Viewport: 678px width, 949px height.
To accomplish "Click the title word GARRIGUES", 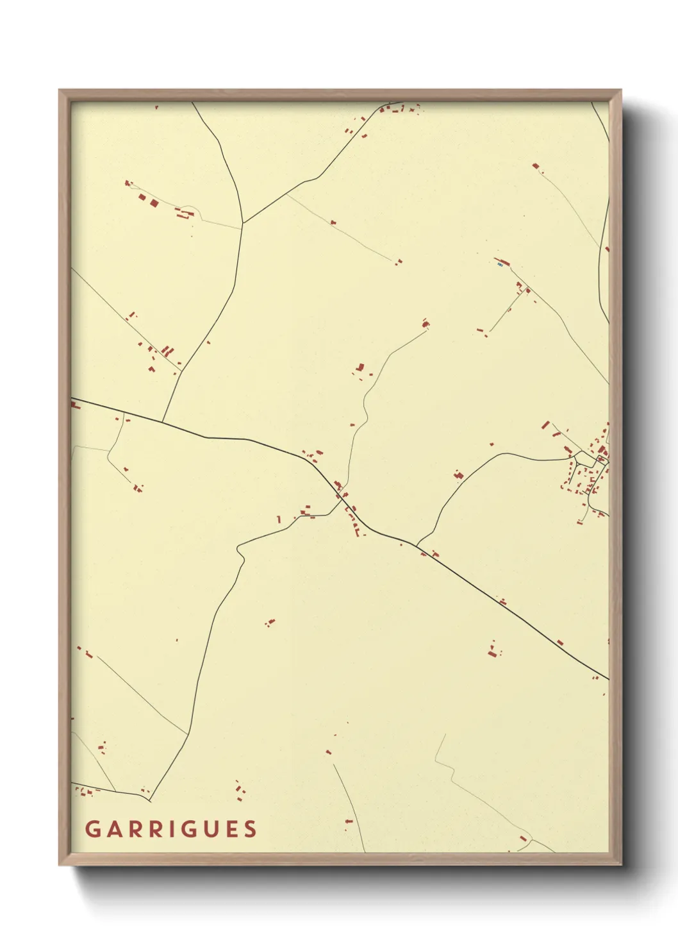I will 171,829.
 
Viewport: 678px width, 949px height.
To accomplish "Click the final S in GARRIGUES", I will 250,829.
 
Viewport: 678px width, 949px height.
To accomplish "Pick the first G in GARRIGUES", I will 92,829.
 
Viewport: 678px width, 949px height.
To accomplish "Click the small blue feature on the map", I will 499,264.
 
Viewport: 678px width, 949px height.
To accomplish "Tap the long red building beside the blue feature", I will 505,262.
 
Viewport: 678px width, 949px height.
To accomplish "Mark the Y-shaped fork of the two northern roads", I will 243,223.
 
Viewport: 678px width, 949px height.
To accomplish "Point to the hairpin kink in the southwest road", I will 239,550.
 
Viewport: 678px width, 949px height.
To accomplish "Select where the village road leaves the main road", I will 417,546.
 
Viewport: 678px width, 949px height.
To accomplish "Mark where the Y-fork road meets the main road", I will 162,422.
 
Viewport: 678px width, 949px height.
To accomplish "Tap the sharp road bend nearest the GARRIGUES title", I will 150,800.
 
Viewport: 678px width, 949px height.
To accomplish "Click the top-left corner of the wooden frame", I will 60,90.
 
